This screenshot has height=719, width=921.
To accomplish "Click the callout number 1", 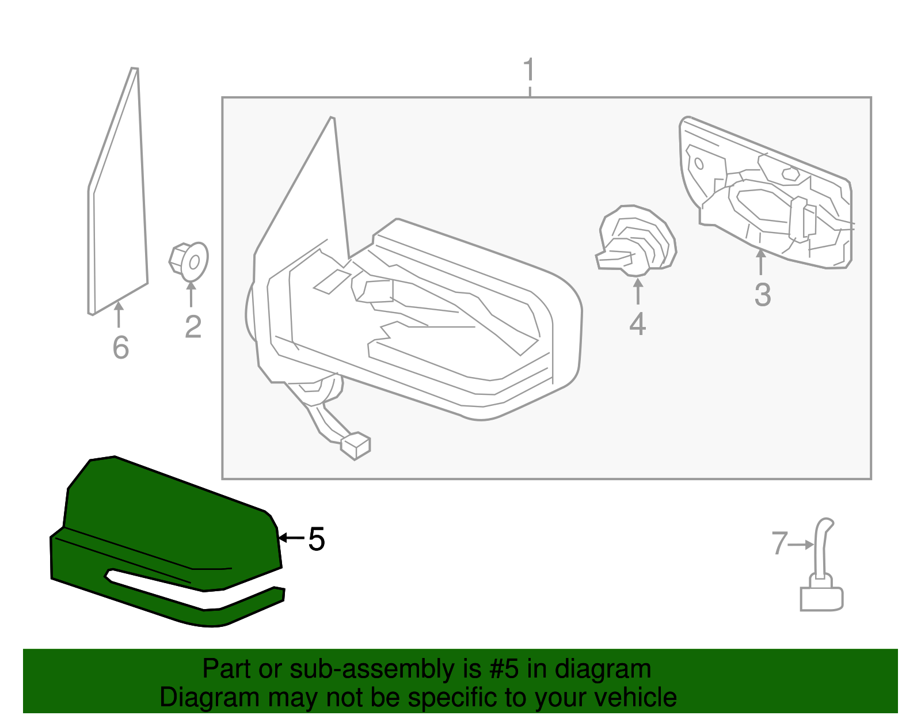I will click(529, 71).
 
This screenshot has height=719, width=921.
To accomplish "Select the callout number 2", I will click(193, 327).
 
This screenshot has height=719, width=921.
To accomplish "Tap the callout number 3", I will click(763, 295).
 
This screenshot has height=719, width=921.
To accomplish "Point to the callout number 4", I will click(637, 324).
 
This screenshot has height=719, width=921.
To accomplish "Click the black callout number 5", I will click(317, 539).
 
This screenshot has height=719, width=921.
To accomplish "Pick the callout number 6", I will click(120, 347).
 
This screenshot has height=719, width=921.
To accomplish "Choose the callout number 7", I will click(779, 543).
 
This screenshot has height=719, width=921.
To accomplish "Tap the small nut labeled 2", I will click(189, 261).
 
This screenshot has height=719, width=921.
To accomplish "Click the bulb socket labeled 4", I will click(636, 242).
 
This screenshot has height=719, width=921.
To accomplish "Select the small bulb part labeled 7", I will click(822, 576).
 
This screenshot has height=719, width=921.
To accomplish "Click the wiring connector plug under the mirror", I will click(356, 446).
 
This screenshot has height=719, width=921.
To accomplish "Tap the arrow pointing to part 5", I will click(291, 538).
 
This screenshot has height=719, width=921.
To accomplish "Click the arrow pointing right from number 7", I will click(801, 544).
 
